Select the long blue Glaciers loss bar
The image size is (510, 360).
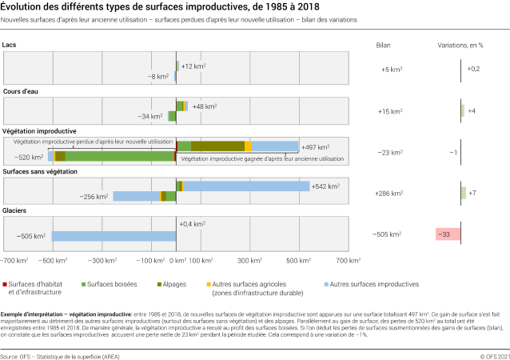click(114, 236)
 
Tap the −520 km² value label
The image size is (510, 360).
click(28, 157)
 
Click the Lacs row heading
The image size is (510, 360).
click(10, 46)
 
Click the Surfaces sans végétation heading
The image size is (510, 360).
click(42, 171)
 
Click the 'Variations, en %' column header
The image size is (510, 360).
click(460, 46)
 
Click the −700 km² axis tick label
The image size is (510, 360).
click(14, 261)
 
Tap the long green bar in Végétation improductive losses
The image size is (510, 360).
click(120, 157)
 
